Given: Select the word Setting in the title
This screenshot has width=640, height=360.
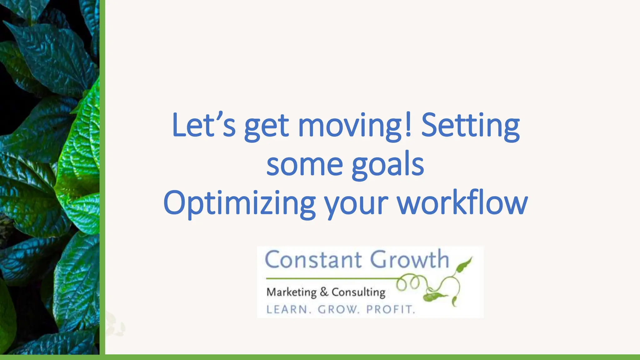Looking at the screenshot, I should [470, 126].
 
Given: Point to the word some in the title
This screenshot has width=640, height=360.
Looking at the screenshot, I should [304, 165].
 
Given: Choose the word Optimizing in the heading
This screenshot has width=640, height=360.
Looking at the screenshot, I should [239, 203].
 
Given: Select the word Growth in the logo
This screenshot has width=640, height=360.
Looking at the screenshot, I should [409, 260].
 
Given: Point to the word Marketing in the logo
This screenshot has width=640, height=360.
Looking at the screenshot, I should [291, 292].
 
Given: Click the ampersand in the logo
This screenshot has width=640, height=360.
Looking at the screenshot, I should [324, 292].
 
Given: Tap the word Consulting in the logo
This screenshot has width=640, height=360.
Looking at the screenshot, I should [358, 292].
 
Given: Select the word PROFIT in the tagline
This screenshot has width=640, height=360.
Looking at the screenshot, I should [390, 309].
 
